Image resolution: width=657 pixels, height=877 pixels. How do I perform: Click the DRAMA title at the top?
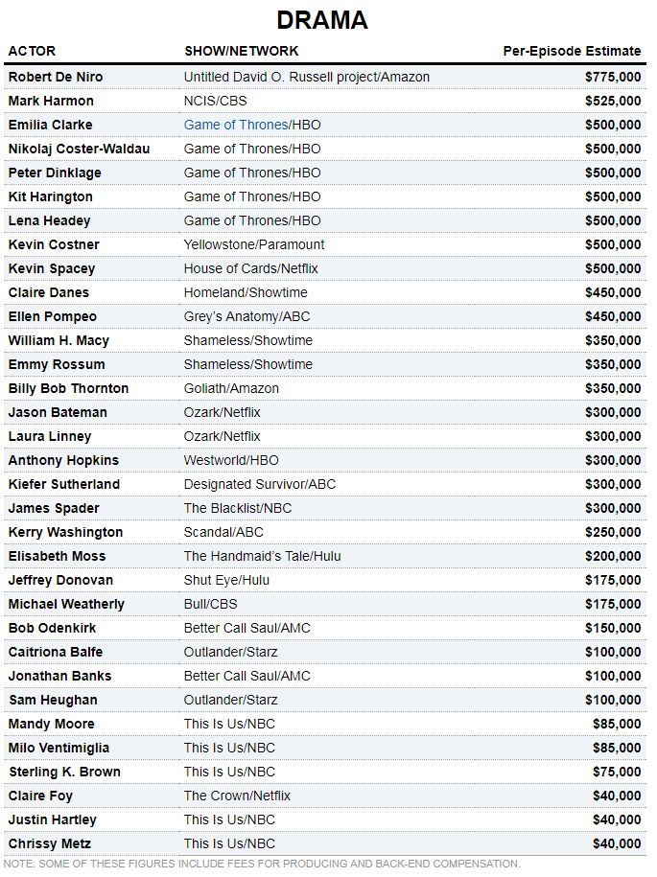pyautogui.click(x=322, y=20)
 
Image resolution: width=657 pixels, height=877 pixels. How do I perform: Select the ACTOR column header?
pyautogui.click(x=32, y=51)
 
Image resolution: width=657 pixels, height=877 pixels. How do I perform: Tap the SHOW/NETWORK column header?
pyautogui.click(x=241, y=51)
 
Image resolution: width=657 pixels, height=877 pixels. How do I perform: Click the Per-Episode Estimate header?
pyautogui.click(x=572, y=51)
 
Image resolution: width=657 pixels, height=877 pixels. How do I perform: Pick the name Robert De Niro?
pyautogui.click(x=56, y=77)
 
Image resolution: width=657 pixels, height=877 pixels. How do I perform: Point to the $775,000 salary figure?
pyautogui.click(x=613, y=77)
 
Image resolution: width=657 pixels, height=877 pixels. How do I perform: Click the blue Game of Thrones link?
pyautogui.click(x=235, y=125)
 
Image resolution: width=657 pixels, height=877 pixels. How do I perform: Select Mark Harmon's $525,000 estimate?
pyautogui.click(x=613, y=101)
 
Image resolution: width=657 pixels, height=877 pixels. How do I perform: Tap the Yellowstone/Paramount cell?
pyautogui.click(x=254, y=244)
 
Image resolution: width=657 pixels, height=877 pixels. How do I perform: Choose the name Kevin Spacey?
pyautogui.click(x=52, y=268)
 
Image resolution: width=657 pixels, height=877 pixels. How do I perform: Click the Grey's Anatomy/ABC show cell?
pyautogui.click(x=247, y=316)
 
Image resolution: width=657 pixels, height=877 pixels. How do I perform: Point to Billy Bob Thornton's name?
pyautogui.click(x=68, y=388)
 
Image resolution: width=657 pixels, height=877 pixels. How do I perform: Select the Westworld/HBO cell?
pyautogui.click(x=231, y=460)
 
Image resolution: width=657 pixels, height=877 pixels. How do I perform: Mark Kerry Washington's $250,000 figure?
pyautogui.click(x=613, y=532)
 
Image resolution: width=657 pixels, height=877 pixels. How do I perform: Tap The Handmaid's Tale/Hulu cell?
pyautogui.click(x=262, y=556)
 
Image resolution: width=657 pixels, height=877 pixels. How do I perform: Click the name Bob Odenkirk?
pyautogui.click(x=52, y=628)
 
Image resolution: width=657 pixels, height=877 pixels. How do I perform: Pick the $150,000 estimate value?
pyautogui.click(x=613, y=628)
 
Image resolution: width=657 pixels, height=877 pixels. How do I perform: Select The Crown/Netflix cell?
pyautogui.click(x=237, y=796)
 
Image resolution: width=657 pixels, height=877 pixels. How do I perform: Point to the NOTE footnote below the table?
pyautogui.click(x=262, y=864)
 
